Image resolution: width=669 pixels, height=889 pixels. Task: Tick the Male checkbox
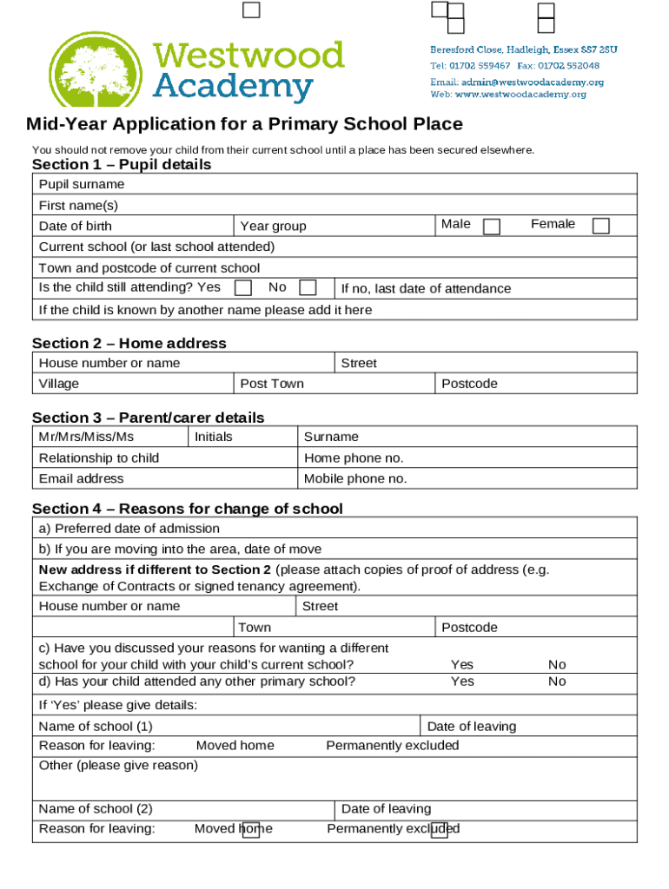(492, 227)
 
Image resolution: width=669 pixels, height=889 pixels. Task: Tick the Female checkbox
(600, 226)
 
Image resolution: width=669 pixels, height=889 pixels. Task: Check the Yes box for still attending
(244, 287)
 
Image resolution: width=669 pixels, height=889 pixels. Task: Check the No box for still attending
(307, 287)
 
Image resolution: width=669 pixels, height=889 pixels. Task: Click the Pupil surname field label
(82, 184)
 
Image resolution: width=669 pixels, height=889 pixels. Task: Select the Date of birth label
(76, 226)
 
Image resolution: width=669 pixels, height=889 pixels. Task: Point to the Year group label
(273, 226)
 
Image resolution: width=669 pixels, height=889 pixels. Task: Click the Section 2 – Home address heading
(129, 343)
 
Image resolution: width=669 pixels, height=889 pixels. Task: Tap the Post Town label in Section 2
(272, 384)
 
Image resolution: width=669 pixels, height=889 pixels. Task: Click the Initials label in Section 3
(214, 437)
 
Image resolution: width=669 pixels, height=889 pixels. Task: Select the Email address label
(82, 478)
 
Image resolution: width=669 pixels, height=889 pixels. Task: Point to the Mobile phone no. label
(355, 478)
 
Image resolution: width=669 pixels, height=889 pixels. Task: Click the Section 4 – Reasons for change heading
(187, 509)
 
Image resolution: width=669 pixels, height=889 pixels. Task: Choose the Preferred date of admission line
(129, 529)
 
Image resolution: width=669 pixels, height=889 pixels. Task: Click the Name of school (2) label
(96, 808)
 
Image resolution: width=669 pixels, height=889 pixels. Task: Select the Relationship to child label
(99, 458)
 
